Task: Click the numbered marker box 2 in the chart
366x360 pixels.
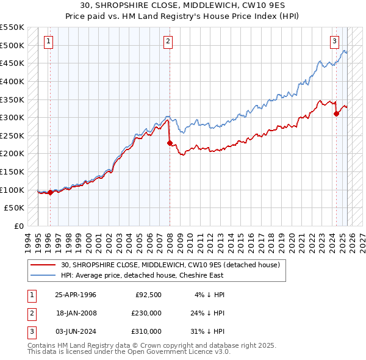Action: pyautogui.click(x=168, y=41)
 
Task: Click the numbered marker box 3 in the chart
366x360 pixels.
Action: pyautogui.click(x=335, y=41)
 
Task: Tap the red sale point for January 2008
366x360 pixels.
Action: pyautogui.click(x=170, y=143)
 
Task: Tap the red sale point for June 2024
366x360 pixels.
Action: pyautogui.click(x=336, y=113)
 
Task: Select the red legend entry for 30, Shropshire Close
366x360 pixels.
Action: pyautogui.click(x=170, y=265)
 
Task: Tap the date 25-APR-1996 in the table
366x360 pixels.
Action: pyautogui.click(x=76, y=295)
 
